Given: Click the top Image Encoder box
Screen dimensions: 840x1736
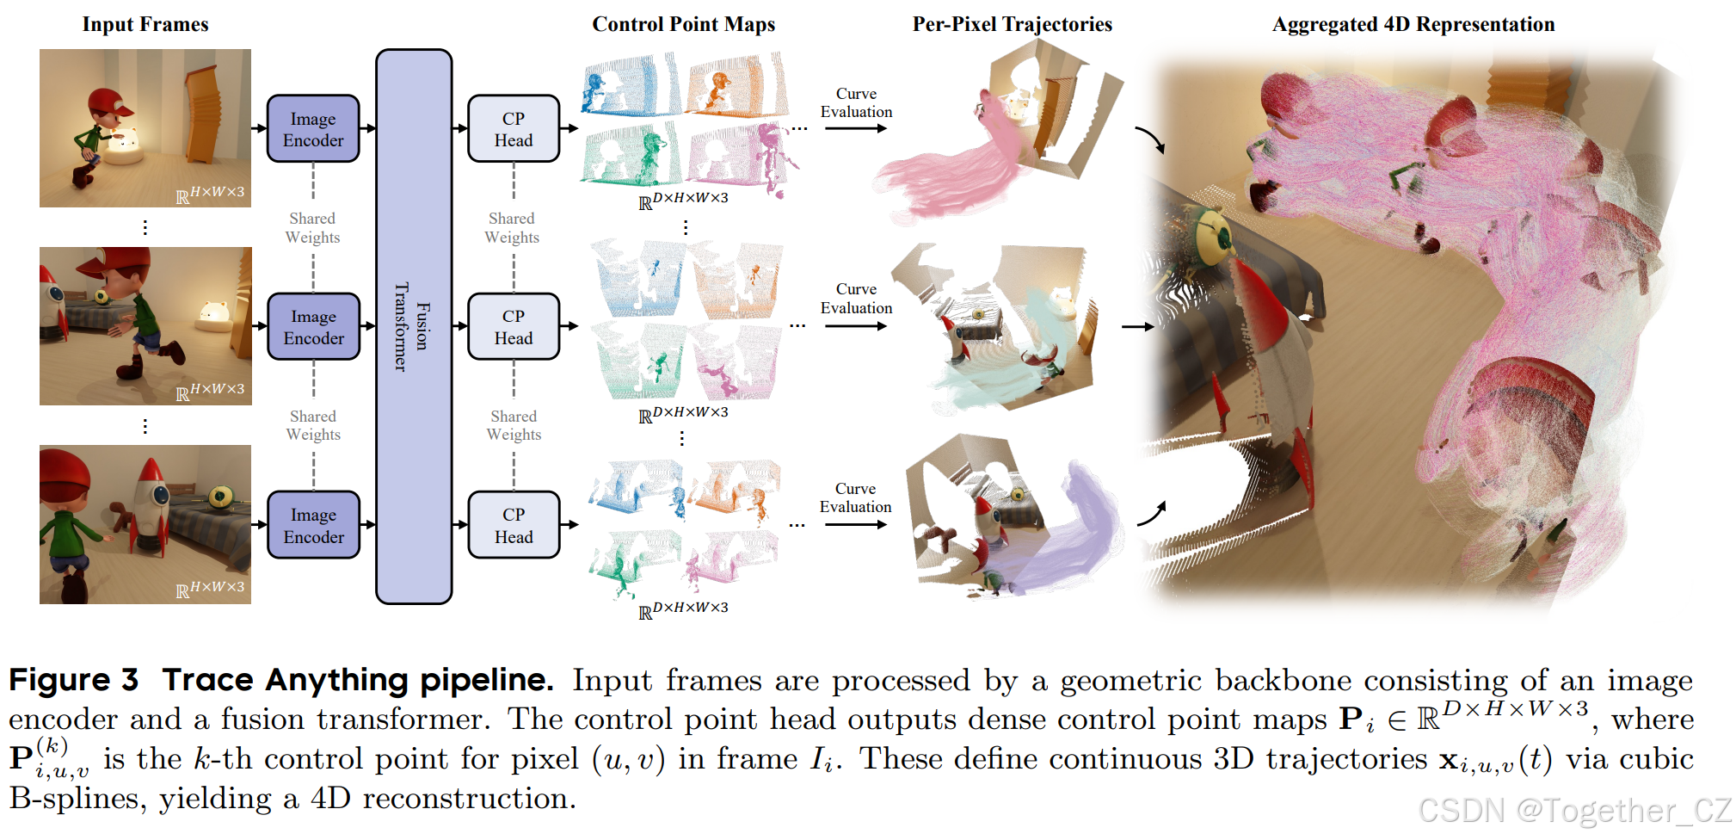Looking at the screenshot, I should tap(313, 129).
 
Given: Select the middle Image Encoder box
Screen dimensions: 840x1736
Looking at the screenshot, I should tap(313, 327).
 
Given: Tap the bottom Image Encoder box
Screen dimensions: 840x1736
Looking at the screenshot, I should tap(313, 525).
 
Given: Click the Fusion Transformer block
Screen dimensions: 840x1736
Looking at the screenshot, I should tap(414, 327).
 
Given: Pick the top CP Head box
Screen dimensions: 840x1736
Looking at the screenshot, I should tap(514, 129).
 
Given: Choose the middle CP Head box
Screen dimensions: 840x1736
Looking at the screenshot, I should tap(514, 327).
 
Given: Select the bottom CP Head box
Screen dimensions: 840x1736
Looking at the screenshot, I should tap(514, 525).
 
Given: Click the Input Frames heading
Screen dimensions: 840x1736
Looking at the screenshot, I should tap(145, 24).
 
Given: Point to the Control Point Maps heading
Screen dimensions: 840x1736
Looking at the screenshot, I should tap(683, 24).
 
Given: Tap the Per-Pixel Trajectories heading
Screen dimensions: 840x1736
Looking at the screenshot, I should tap(1012, 24).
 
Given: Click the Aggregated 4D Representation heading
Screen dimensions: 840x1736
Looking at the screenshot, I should tap(1413, 24).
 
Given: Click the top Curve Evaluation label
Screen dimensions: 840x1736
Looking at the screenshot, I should tap(856, 102).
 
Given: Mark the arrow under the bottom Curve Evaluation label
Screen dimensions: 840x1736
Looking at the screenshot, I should tap(855, 524).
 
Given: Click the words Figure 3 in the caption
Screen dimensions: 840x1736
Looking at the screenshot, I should tap(73, 680).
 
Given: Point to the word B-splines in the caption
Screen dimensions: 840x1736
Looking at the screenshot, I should tap(76, 799).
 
